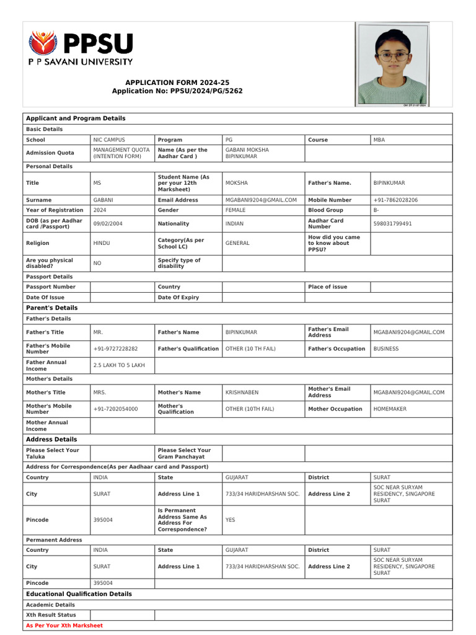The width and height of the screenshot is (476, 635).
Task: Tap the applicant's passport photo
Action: [x=392, y=64]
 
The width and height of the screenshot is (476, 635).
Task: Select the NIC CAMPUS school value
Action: [x=109, y=140]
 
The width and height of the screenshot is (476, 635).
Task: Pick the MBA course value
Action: [x=379, y=140]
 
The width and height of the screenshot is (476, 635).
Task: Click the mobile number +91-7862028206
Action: [x=395, y=200]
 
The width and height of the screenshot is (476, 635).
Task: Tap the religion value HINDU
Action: [x=102, y=244]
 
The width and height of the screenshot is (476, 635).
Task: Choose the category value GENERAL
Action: [x=237, y=244]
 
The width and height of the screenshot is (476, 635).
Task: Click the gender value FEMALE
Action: [x=236, y=210]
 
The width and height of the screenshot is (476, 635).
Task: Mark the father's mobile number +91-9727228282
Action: [x=115, y=349]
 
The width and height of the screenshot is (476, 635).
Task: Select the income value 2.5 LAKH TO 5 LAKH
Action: [x=119, y=365]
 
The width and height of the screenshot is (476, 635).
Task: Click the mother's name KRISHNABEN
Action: [x=242, y=393]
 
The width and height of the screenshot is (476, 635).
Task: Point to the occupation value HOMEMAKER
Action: [x=390, y=409]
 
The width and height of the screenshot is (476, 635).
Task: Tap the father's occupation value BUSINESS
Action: [x=386, y=349]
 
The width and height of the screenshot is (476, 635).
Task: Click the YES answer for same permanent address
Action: [x=231, y=520]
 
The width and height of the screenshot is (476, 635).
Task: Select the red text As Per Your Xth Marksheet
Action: [x=64, y=626]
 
